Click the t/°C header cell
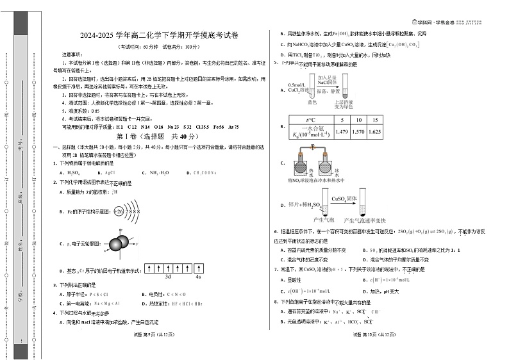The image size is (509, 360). [311, 120]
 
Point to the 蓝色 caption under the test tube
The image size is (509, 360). [313, 101]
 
